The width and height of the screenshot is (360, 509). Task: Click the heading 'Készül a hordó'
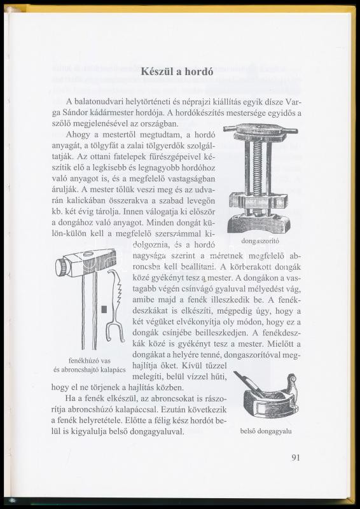coord(177,71)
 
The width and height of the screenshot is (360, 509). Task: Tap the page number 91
coord(295,457)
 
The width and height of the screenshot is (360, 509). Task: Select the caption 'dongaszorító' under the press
coord(260,241)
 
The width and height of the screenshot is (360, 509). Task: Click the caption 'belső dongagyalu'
coord(266,431)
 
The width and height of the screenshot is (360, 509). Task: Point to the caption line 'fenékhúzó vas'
coord(90,361)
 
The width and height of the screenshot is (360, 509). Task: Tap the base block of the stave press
coord(259,223)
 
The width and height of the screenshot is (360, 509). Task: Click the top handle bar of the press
coord(260,129)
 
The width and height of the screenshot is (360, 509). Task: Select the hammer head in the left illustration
coord(85,262)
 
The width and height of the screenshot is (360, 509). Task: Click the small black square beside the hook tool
coord(104,310)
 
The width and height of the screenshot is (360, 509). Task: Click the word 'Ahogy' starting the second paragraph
coord(76,135)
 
